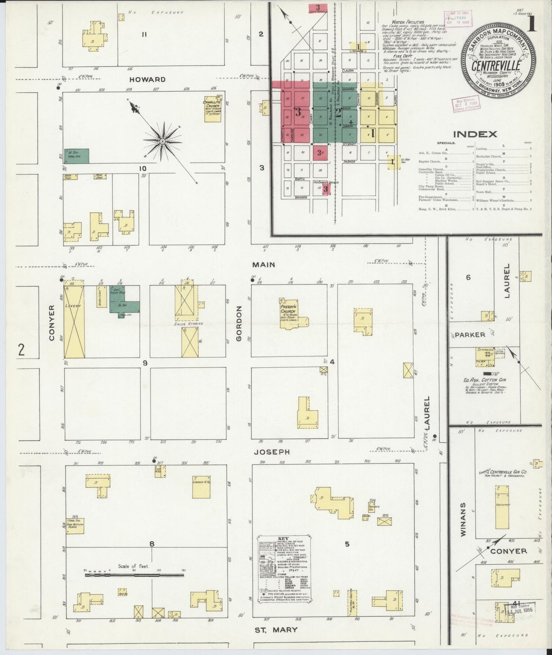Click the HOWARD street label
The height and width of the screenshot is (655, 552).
click(x=147, y=79)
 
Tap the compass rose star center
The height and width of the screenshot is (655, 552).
click(x=162, y=141)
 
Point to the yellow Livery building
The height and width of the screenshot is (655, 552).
click(x=74, y=321)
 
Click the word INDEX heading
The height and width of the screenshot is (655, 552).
click(x=475, y=134)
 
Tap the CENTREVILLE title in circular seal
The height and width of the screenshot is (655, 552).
click(x=495, y=65)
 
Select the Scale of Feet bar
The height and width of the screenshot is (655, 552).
click(x=134, y=574)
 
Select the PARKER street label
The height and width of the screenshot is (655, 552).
click(x=470, y=335)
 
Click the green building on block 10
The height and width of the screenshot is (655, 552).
click(x=76, y=156)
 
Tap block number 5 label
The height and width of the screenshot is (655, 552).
click(x=347, y=545)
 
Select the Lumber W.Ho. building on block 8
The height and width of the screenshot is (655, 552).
click(x=201, y=486)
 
